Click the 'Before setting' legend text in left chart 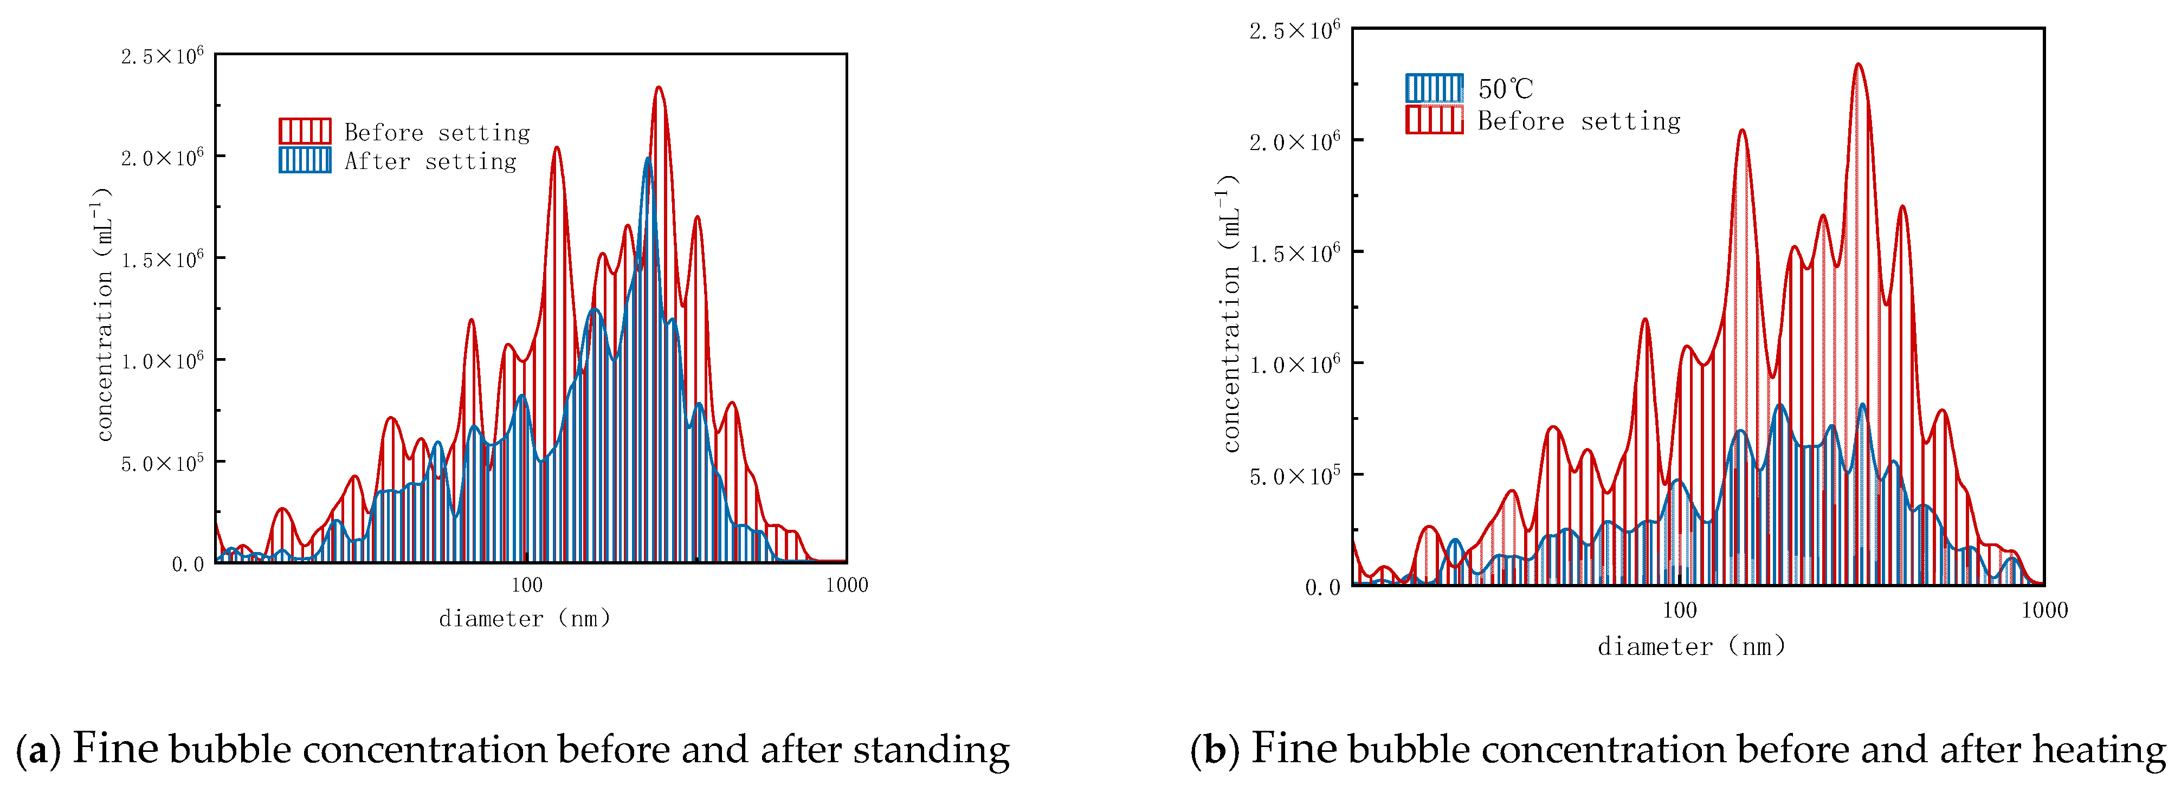[437, 132]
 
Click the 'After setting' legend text [430, 161]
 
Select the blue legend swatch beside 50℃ [1434, 88]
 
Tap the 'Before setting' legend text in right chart [1579, 121]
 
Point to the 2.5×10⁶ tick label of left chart [162, 57]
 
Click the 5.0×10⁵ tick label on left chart [162, 464]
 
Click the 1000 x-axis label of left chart [846, 585]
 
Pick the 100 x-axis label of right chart [1679, 611]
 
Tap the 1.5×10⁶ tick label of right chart [1294, 252]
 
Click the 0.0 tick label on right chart [1322, 587]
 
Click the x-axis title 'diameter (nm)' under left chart [524, 619]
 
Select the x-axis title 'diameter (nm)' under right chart [1692, 647]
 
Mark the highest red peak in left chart [659, 88]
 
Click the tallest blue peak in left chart [648, 159]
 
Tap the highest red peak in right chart [1857, 64]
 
